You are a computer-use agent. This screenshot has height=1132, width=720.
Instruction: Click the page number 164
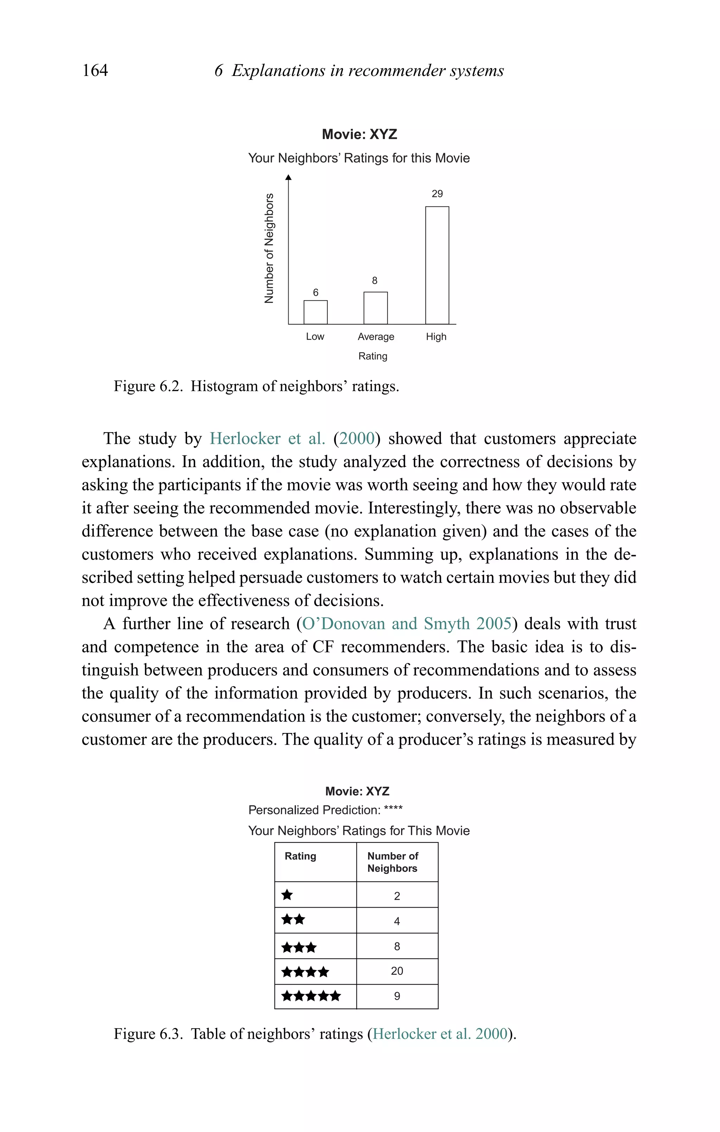95,70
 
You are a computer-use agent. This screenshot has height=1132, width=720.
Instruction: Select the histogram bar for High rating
437,265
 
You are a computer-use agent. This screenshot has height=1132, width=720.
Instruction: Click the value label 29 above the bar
437,194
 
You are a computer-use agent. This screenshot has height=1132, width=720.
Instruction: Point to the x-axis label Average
375,337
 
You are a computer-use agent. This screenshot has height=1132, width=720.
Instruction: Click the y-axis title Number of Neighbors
269,248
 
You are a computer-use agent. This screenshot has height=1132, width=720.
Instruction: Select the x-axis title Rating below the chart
373,356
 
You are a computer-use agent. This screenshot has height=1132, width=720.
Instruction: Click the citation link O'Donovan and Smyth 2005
406,623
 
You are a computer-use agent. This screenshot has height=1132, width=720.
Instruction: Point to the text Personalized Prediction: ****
325,810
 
